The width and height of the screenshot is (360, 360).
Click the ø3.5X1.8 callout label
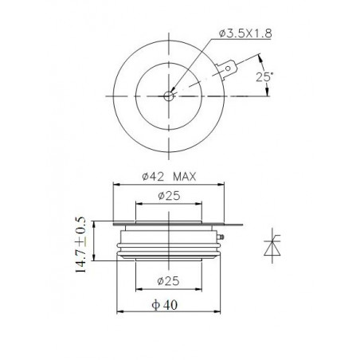(x=245, y=33)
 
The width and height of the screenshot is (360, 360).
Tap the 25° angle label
(x=264, y=76)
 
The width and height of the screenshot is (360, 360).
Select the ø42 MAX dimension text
(x=169, y=177)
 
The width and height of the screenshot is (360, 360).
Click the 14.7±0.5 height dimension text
(x=80, y=245)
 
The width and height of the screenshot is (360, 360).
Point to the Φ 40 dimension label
(x=165, y=305)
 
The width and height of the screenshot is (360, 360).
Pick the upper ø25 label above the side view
(x=169, y=196)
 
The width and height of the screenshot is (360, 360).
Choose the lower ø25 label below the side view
(x=168, y=281)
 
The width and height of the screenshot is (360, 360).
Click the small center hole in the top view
(x=169, y=96)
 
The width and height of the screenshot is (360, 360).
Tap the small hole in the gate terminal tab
(x=228, y=68)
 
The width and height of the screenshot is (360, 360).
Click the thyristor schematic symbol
(x=272, y=245)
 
